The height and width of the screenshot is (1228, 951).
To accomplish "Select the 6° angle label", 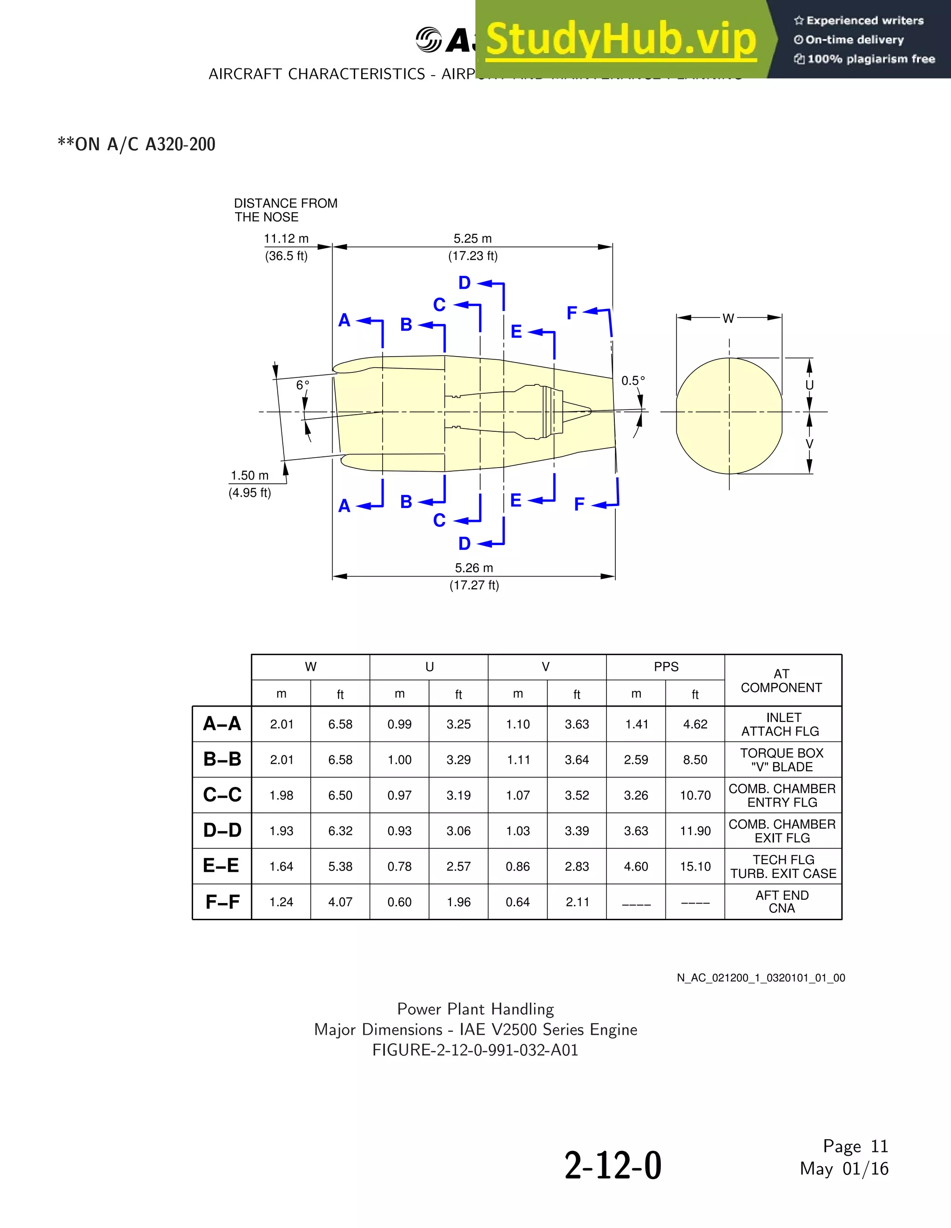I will (303, 385).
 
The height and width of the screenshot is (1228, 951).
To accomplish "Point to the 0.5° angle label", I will (633, 381).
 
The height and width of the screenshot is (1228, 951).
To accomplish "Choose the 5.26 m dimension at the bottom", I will (474, 568).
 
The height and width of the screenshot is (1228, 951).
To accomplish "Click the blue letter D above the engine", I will (464, 283).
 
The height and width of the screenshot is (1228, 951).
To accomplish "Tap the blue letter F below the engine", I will (579, 504).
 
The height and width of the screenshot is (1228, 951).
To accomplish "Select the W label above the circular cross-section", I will (728, 318).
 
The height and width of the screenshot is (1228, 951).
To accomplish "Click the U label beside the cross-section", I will (809, 385).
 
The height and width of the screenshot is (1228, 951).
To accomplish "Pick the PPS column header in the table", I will (666, 667).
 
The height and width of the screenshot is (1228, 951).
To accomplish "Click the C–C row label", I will (222, 794).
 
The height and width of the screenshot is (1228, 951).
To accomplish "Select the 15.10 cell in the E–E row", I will (695, 866).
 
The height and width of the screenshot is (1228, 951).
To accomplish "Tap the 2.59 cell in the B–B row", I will (636, 760).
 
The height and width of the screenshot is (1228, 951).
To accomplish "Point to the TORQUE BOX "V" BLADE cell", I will (782, 760).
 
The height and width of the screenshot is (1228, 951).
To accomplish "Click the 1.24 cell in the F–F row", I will (281, 902).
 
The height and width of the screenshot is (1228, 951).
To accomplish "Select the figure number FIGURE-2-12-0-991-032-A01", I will (475, 1050).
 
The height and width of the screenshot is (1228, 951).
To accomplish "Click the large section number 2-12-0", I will (613, 1166).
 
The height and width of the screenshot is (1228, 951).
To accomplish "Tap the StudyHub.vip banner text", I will (621, 39).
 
